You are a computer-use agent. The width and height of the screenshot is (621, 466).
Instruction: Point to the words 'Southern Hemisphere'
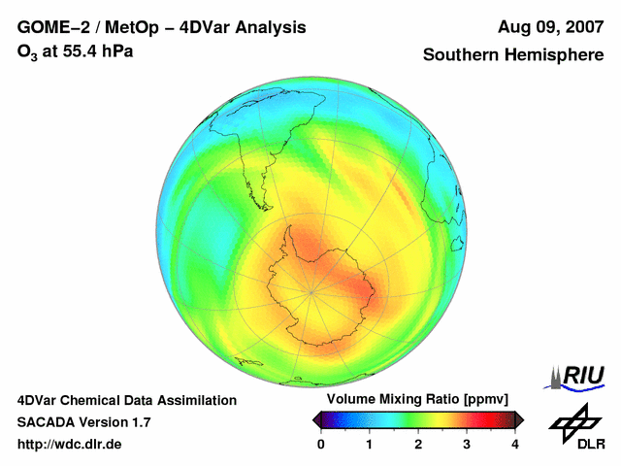click(513, 55)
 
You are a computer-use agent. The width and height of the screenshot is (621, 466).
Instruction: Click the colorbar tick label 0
click(321, 444)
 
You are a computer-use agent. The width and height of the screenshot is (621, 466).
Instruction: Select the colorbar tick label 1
click(370, 444)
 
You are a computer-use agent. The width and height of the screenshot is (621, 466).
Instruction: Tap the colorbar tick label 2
click(418, 444)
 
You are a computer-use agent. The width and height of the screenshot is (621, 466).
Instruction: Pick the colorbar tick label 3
click(467, 444)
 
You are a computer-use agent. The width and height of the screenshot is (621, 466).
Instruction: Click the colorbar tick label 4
click(515, 444)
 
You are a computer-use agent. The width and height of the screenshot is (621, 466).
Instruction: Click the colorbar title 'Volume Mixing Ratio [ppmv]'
click(417, 400)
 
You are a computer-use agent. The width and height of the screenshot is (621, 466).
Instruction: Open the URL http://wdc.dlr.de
click(69, 444)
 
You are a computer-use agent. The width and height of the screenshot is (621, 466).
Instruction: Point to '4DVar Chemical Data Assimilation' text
click(127, 400)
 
